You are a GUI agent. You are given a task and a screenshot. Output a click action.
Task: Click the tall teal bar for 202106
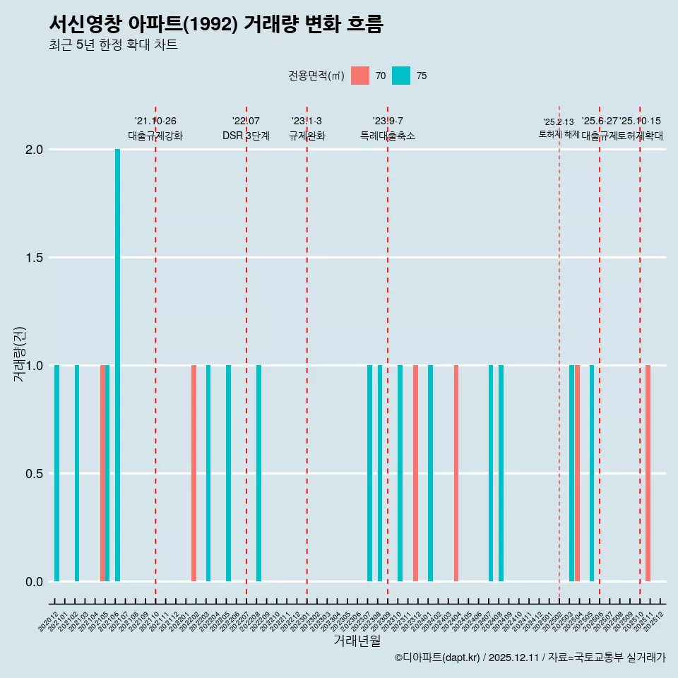pos(117,365)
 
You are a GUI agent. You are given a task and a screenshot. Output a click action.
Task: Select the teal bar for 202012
pos(56,473)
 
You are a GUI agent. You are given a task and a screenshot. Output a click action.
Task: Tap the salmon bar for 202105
pos(102,473)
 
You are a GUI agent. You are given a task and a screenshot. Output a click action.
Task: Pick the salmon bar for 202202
pos(194,473)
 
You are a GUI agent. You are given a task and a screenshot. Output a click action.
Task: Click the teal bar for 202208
pos(259,473)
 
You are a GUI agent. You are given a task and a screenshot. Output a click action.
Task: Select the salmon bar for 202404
pos(456,473)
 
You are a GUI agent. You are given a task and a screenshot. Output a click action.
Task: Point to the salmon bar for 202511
pos(648,473)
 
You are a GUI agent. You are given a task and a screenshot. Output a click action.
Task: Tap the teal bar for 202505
pos(592,473)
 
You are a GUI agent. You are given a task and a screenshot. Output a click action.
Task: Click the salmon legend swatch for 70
pos(360,76)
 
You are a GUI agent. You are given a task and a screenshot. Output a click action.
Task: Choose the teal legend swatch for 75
pos(401,76)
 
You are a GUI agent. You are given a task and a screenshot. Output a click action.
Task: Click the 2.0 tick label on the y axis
pos(34,150)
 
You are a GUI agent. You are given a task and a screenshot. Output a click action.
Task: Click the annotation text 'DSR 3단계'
pos(246,136)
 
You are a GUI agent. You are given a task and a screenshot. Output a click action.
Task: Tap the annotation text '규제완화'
pos(307,136)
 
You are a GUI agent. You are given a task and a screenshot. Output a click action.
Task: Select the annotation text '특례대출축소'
pos(387,136)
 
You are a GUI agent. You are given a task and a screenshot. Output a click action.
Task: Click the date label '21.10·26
pos(155,121)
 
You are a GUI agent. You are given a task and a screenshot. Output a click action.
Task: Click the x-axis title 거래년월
pos(357,641)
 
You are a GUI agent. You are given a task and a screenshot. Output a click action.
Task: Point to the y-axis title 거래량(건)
pos(20,355)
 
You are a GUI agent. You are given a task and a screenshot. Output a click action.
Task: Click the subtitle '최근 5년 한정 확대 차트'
pos(113,45)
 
